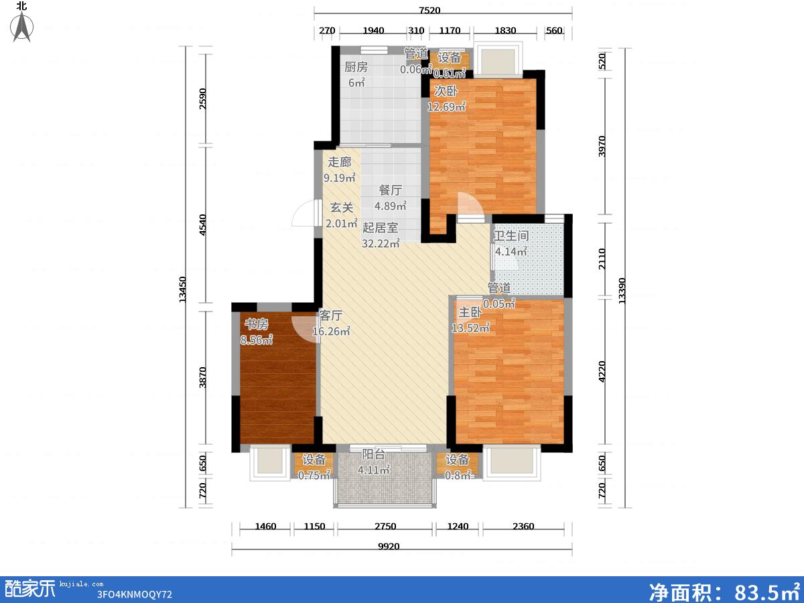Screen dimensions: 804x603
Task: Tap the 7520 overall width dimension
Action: coord(429,10)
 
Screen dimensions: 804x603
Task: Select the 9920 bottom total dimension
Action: coord(389,547)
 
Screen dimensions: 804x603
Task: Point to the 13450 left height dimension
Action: coord(182,289)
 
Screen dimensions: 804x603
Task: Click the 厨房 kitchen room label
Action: coord(356,67)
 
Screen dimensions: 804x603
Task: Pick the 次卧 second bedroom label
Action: coord(446,91)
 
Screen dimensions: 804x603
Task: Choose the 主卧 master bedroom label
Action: coord(470,312)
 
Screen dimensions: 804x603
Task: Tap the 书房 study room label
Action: coord(257,324)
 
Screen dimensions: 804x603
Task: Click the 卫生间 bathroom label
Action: coord(511,236)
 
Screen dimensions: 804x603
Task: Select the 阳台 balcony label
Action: coord(374,454)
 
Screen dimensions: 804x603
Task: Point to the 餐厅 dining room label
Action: coord(391,190)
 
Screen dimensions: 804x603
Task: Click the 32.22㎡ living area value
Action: coord(381,243)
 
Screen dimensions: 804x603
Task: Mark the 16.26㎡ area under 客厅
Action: coord(331,331)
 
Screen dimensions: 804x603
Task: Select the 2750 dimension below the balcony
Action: coord(385,527)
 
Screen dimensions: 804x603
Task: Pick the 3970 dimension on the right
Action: coord(602,146)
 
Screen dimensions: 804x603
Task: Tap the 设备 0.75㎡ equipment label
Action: coord(314,467)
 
